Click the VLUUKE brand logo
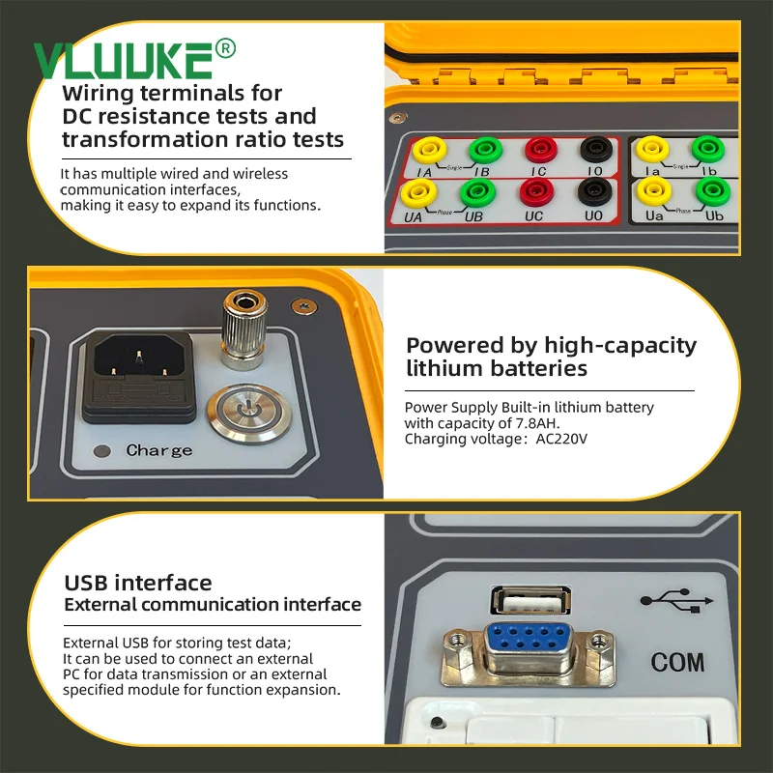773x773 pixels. tap(123, 60)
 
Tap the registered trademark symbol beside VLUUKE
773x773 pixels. tap(224, 47)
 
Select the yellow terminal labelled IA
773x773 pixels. tap(426, 151)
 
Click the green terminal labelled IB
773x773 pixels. tap(481, 151)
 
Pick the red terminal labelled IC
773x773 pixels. tap(538, 151)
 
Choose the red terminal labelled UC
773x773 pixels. tap(534, 192)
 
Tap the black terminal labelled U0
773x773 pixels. tap(592, 191)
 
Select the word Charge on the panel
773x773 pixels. tap(159, 450)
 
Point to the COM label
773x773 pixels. tap(677, 663)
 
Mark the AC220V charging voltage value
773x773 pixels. tap(561, 439)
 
